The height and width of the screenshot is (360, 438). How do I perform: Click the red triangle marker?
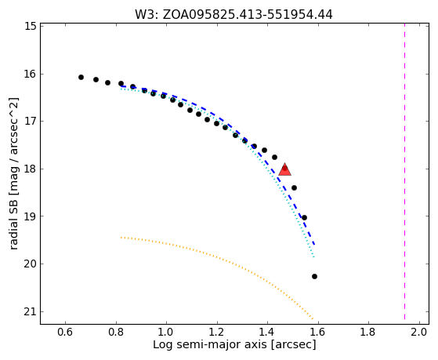(284, 169)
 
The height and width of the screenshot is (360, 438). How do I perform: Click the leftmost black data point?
(81, 77)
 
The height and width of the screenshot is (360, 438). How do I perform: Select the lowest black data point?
(314, 276)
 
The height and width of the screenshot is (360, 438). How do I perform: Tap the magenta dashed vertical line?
(404, 172)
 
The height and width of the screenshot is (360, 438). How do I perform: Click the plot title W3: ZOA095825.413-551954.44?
(233, 15)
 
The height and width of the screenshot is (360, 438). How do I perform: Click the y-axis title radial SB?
(14, 216)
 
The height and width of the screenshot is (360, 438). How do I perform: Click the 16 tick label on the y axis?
(31, 75)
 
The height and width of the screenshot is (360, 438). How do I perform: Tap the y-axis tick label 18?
(31, 169)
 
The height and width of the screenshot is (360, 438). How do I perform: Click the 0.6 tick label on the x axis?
(65, 332)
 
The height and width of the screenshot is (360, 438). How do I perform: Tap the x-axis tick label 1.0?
(166, 332)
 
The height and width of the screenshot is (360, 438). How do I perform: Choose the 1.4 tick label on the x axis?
(267, 332)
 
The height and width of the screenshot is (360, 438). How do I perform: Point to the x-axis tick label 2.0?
(419, 332)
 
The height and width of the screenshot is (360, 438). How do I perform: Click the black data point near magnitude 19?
(305, 217)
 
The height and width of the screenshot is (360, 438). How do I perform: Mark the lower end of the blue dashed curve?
(314, 245)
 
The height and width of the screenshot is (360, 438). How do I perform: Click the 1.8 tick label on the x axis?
(368, 332)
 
